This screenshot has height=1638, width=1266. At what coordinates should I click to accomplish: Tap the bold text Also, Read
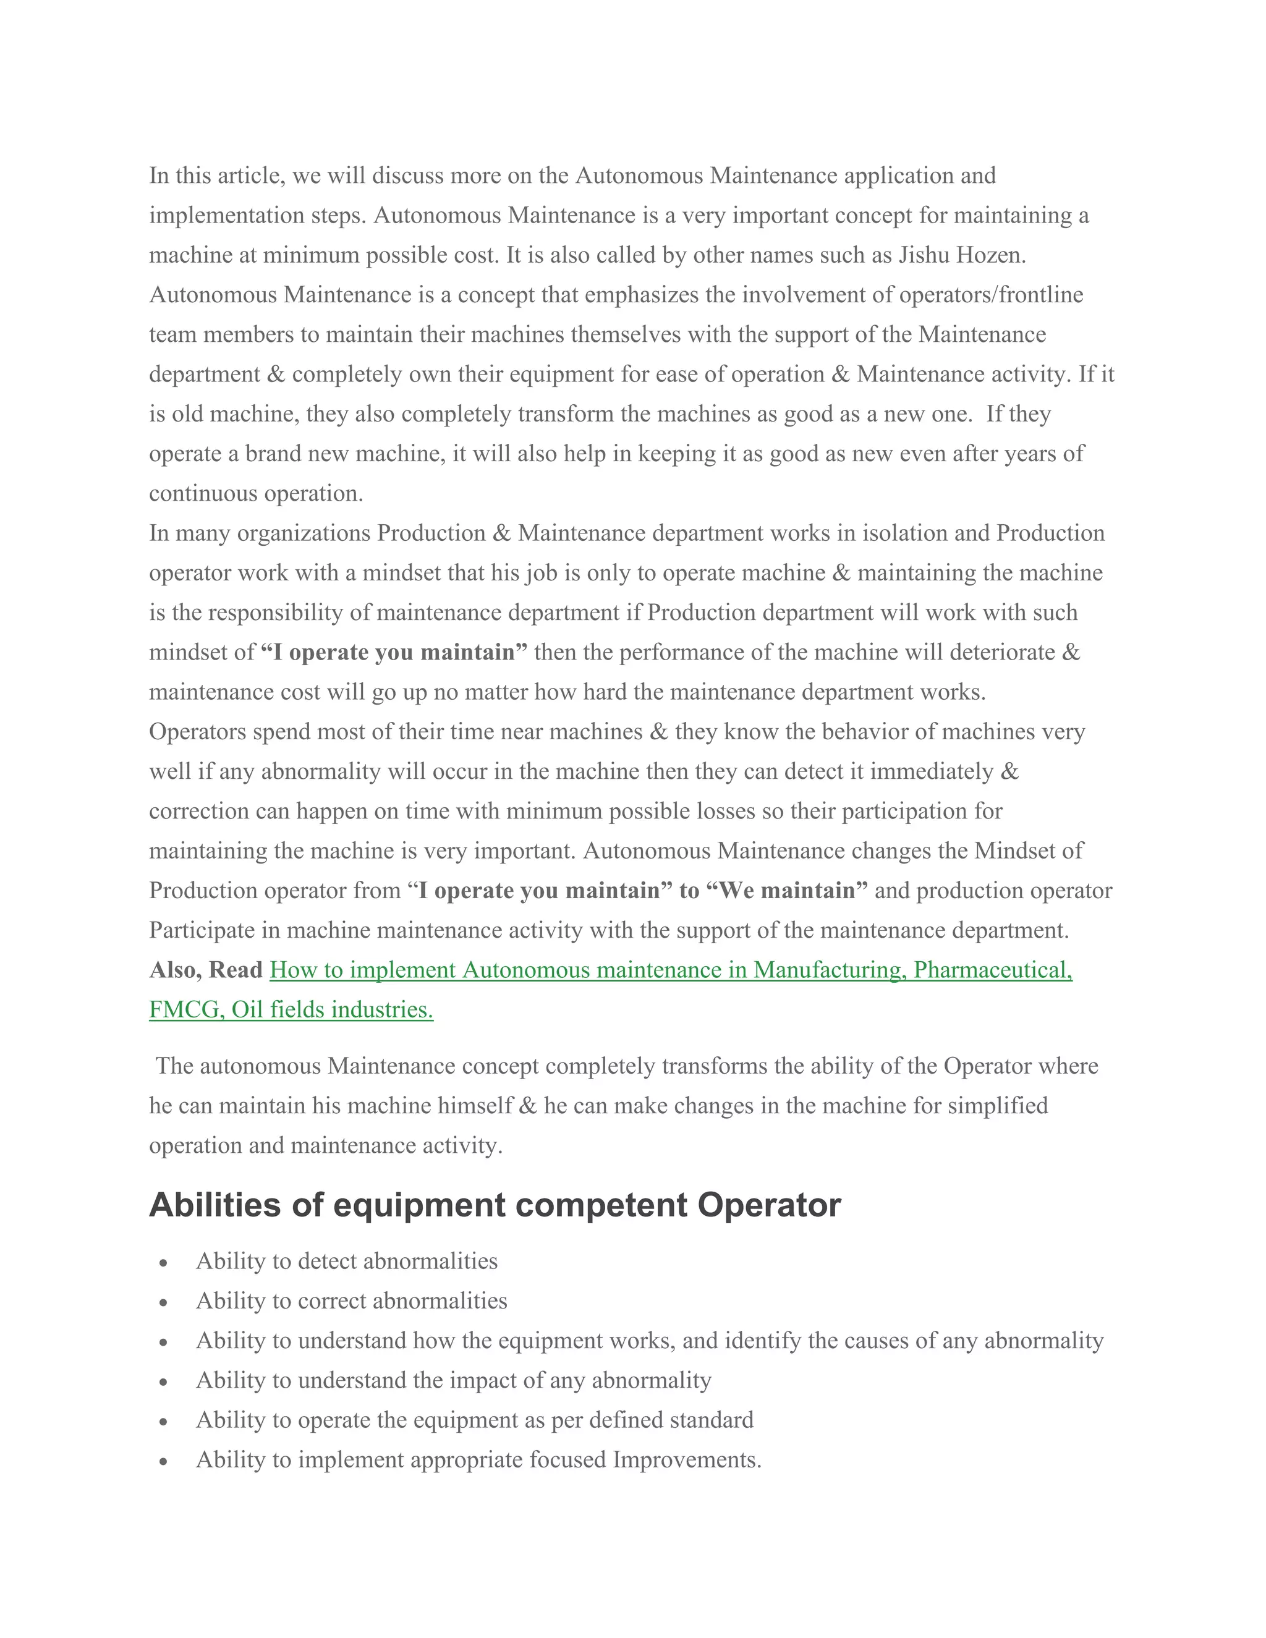click(x=205, y=970)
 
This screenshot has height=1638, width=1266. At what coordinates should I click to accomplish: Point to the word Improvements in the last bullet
click(x=686, y=1459)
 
